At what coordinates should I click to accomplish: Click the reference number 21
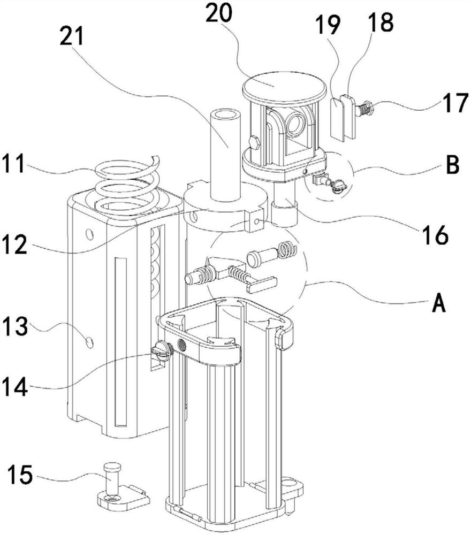(x=71, y=37)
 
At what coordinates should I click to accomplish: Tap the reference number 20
(x=219, y=13)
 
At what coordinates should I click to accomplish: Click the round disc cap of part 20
(x=283, y=85)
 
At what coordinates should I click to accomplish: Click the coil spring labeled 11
(x=127, y=186)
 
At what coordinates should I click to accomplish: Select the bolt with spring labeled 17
(x=365, y=108)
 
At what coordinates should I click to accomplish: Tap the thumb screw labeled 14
(x=162, y=351)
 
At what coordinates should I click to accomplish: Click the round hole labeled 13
(x=89, y=341)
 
